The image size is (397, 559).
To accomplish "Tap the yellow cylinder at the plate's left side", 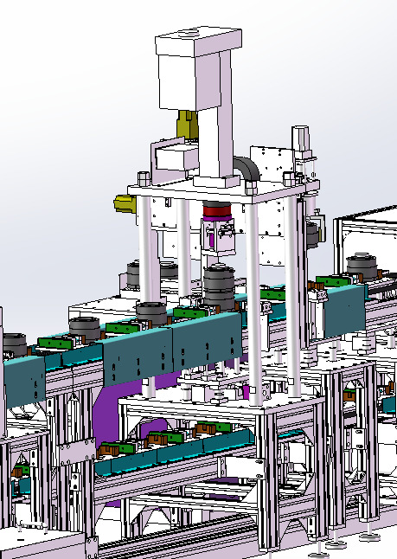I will [x=124, y=204].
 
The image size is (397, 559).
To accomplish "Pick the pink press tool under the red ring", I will [x=219, y=237].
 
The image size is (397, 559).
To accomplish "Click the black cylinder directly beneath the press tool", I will [x=220, y=283].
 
